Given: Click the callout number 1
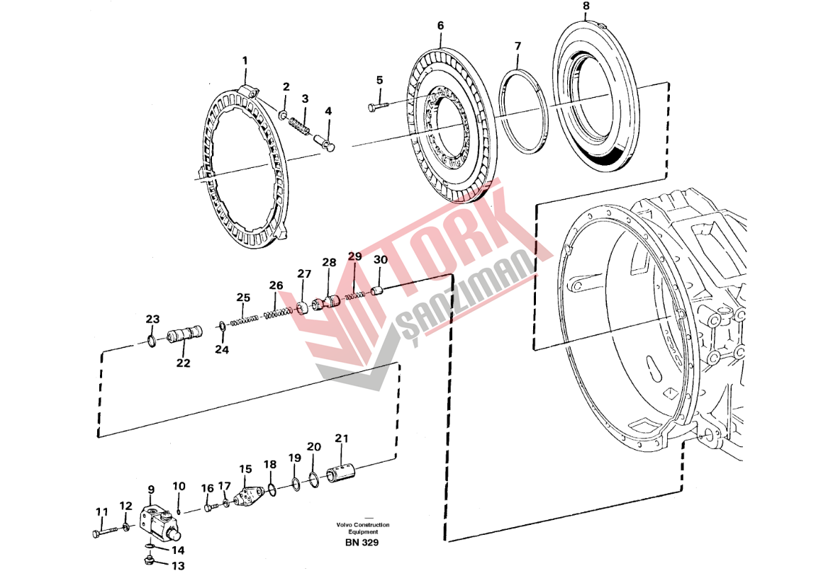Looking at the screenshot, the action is pyautogui.click(x=245, y=61).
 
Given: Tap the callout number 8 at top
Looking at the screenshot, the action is pyautogui.click(x=586, y=6).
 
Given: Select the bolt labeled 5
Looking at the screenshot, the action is pyautogui.click(x=379, y=106).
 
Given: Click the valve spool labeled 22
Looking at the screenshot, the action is pyautogui.click(x=184, y=336).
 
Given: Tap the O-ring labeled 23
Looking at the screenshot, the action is pyautogui.click(x=151, y=340).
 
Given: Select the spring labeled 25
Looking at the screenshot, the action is pyautogui.click(x=245, y=320).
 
